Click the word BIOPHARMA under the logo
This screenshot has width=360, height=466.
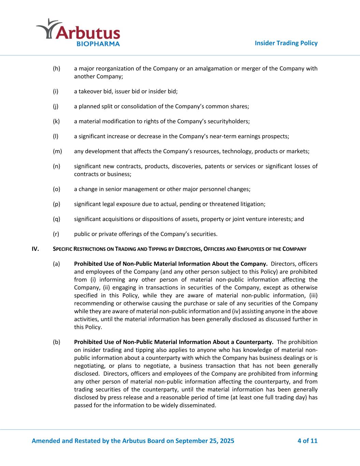tap(98, 44)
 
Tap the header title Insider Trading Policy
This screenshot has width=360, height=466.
tap(286, 43)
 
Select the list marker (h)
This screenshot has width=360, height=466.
tap(56, 69)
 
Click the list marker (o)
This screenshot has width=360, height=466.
tap(56, 189)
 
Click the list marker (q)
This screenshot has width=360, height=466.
tap(56, 219)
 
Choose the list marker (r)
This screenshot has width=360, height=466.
tap(56, 234)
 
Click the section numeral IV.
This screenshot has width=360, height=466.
tap(35, 249)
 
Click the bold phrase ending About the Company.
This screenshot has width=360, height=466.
tap(170, 264)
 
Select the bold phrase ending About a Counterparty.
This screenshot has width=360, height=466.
tap(173, 342)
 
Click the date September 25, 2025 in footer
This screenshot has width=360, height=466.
tap(205, 441)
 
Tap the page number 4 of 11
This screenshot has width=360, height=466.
tap(307, 441)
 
